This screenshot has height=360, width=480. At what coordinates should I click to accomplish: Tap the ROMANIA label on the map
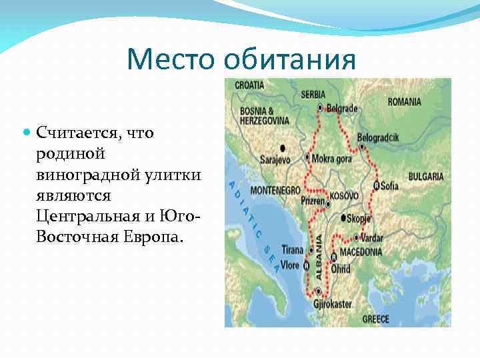[404, 102]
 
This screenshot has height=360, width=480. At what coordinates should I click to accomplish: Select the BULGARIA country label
[425, 177]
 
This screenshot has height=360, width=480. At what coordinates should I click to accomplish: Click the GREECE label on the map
[375, 319]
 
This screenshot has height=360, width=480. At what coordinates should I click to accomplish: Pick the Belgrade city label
[343, 108]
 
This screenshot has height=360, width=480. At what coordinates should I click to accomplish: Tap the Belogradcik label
[377, 137]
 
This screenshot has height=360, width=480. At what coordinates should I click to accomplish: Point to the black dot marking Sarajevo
[283, 148]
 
